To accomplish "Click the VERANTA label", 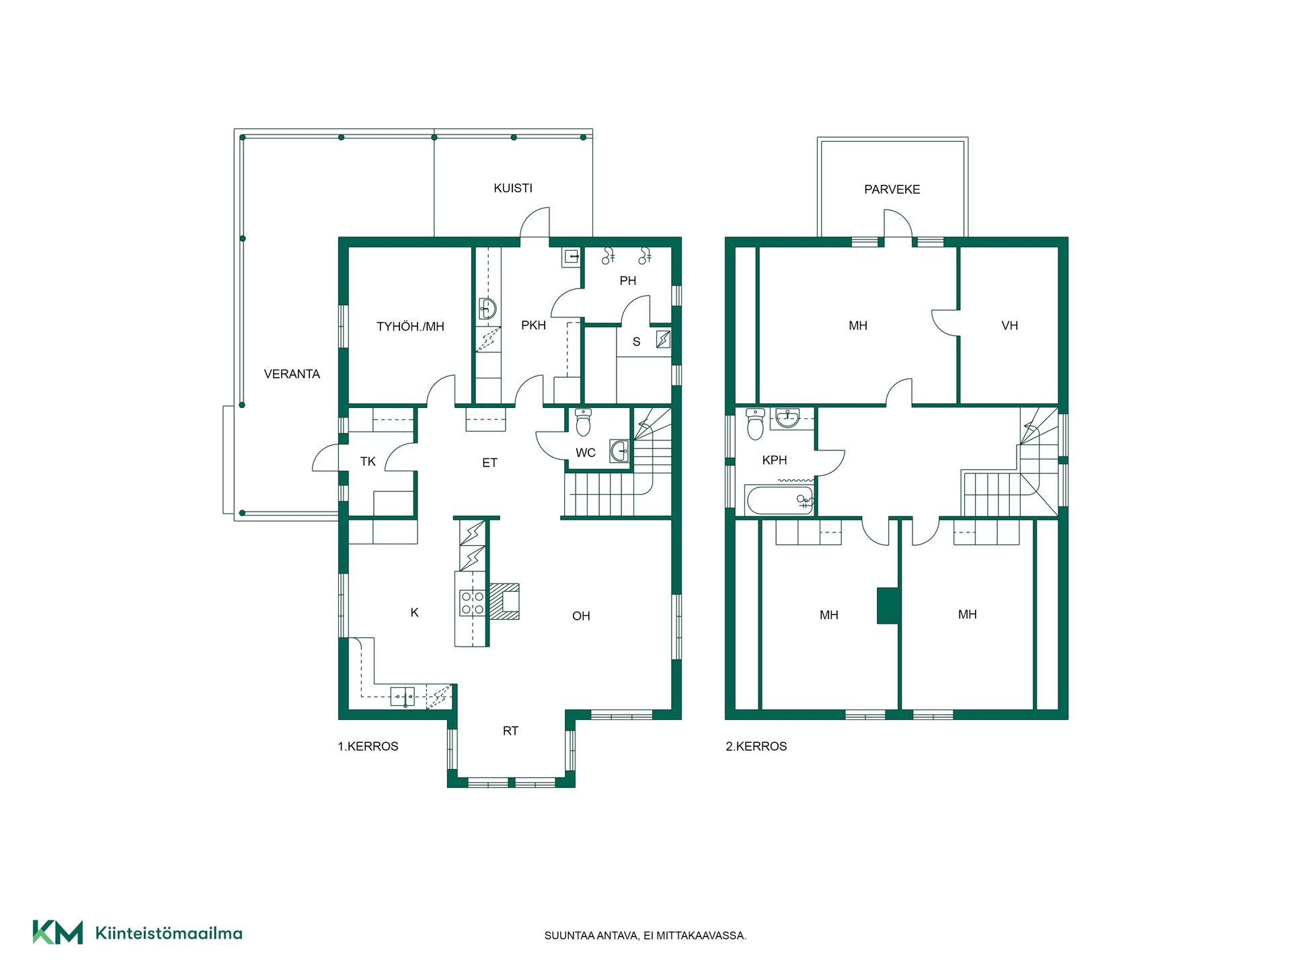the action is tap(292, 374).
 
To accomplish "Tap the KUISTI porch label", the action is tap(513, 188).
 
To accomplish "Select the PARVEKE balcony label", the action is tap(892, 190).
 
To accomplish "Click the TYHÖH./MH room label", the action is tap(410, 327).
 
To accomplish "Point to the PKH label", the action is tap(533, 325).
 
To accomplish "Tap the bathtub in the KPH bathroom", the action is tap(781, 500).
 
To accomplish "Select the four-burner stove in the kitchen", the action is tap(472, 602).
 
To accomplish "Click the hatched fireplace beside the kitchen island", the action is tap(504, 601).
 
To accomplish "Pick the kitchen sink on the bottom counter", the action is tap(403, 696).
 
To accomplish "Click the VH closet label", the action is tap(1009, 326).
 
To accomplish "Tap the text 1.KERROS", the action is tap(368, 746).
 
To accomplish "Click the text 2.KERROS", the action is tap(756, 746).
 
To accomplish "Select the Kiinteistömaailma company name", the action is tap(169, 933).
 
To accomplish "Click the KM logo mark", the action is tap(58, 932).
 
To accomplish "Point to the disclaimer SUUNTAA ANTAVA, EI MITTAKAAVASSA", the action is tap(645, 936).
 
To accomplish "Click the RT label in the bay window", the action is tap(510, 731).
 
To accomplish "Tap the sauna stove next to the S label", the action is tap(663, 339).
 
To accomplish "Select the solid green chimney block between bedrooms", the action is tap(888, 606).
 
